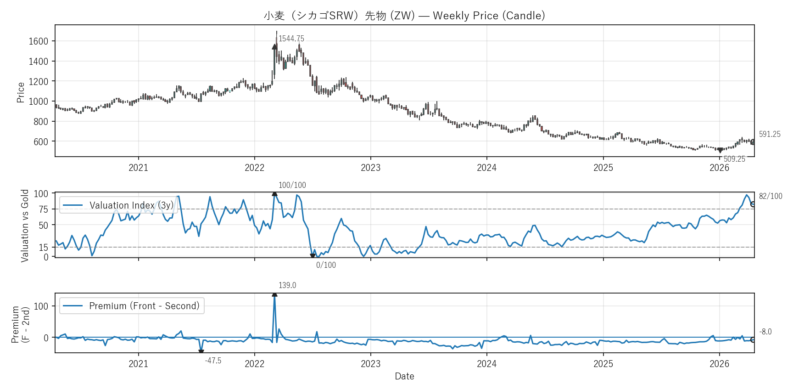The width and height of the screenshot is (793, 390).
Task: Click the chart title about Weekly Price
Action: click(404, 16)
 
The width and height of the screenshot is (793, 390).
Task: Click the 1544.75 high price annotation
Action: click(291, 39)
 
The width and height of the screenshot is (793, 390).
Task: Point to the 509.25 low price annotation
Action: click(734, 159)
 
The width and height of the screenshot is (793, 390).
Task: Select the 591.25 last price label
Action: click(770, 134)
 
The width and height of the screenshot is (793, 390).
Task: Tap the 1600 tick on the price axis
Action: click(39, 41)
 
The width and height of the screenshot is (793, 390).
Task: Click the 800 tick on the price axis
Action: click(41, 122)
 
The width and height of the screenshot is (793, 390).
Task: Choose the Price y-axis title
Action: click(21, 92)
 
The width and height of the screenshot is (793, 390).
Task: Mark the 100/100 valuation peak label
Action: click(292, 185)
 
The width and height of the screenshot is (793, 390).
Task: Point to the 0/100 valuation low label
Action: click(326, 265)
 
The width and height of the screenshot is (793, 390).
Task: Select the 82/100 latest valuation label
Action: click(771, 196)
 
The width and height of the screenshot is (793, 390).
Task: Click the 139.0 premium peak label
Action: click(287, 285)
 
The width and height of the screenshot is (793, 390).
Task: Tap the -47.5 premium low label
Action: click(213, 361)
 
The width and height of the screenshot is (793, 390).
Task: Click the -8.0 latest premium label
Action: click(765, 332)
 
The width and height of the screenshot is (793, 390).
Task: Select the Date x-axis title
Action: click(404, 376)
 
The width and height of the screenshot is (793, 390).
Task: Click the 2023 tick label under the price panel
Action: click(370, 168)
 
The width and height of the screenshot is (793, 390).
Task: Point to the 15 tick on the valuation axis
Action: click(43, 248)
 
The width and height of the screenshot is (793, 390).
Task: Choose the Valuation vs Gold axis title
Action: click(25, 226)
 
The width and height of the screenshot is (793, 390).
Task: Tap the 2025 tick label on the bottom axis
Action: click(603, 364)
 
